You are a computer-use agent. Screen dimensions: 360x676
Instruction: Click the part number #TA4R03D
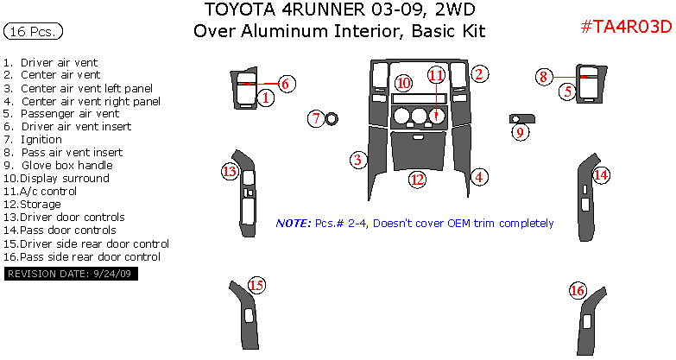625,28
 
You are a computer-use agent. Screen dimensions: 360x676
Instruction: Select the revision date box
71,274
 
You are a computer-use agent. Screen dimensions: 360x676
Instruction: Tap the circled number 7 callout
317,118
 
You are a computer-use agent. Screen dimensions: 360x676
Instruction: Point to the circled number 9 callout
519,132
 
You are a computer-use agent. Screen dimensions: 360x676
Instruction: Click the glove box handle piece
523,117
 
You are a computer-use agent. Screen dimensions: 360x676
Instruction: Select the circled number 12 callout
417,180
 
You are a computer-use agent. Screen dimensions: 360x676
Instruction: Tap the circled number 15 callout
256,286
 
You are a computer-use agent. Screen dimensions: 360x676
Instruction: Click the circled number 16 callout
578,291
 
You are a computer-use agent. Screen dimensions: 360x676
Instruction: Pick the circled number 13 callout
229,172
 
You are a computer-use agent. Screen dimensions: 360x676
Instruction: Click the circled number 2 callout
480,74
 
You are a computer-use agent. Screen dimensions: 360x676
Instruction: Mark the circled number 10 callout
403,84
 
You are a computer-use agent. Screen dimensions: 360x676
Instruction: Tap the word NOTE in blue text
293,224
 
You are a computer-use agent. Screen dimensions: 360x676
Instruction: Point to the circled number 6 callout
287,83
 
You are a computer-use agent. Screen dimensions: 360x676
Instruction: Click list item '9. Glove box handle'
58,166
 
